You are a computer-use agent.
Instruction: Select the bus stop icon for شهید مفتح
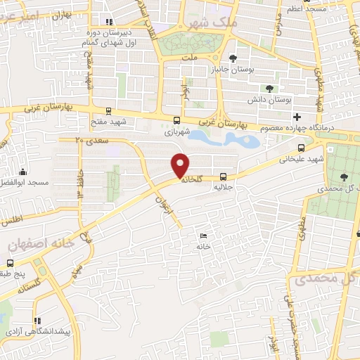[108, 110]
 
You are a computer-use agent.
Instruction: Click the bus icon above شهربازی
[176, 119]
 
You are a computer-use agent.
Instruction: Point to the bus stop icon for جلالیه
[223, 177]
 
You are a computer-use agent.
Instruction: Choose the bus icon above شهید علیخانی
[301, 148]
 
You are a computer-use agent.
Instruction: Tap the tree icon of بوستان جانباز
[233, 58]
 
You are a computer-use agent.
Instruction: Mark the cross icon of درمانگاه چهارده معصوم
[297, 116]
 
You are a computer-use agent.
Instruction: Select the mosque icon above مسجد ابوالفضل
[23, 172]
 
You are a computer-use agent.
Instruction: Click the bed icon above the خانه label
[203, 236]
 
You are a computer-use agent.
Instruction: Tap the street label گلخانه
[191, 179]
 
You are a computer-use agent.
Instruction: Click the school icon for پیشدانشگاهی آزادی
[37, 319]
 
